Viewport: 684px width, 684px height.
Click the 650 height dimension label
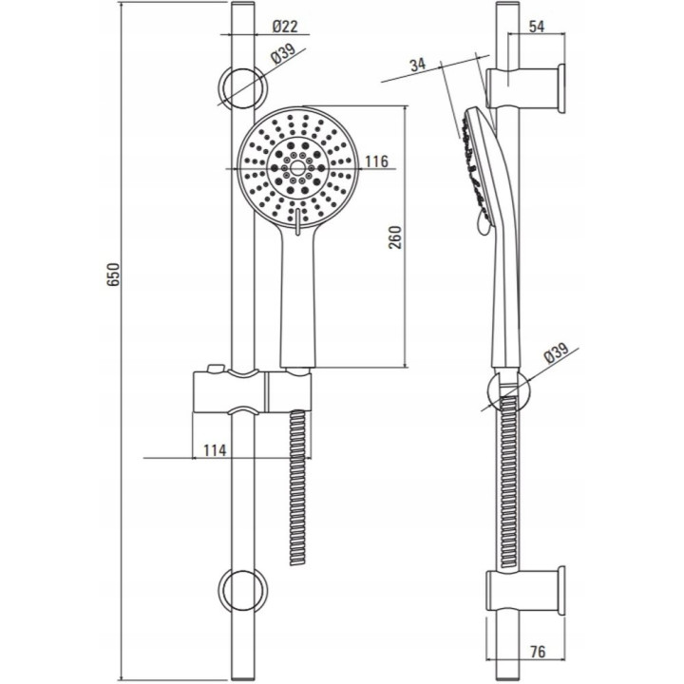(x=113, y=274)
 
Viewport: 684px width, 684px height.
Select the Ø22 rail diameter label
(x=285, y=27)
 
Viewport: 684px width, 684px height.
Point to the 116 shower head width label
(x=376, y=161)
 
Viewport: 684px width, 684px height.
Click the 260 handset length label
(x=395, y=237)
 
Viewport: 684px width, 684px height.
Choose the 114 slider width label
(x=215, y=449)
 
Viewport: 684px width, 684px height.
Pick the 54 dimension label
(x=537, y=27)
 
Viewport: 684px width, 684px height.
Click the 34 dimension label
(x=417, y=65)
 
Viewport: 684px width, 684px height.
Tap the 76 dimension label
(x=538, y=652)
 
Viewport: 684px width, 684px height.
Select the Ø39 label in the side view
(x=557, y=352)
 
